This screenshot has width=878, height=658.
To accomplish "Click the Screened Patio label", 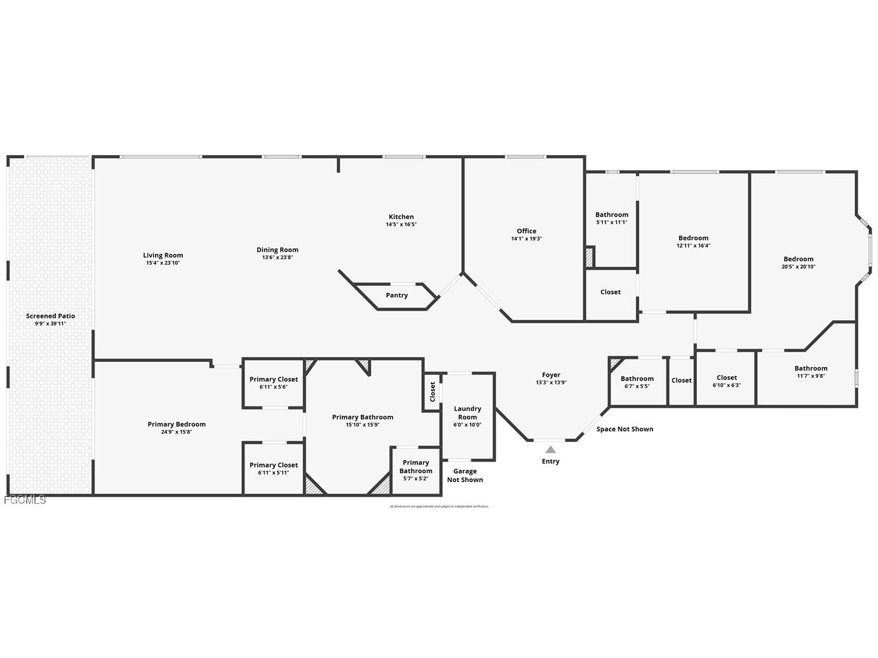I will [50, 316].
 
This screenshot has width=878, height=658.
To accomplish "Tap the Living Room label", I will [163, 255].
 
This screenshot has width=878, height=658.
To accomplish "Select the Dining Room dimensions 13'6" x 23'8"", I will [277, 257].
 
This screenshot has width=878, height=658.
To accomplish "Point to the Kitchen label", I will [401, 217].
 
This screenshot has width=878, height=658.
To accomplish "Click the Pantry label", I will [396, 295].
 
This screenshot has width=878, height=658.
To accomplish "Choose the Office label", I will [526, 231].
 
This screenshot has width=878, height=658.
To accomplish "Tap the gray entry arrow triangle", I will [550, 450].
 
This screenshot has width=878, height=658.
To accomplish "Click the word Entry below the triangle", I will [550, 461].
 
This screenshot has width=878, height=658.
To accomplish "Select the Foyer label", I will [551, 375].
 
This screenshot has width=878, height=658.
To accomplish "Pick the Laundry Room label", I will [467, 413].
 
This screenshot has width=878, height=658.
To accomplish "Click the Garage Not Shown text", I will [464, 475].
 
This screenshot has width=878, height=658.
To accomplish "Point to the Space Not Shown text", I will [625, 429].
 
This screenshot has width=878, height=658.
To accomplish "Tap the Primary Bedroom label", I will [177, 424].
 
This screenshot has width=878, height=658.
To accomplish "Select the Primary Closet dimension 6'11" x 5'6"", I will [273, 387].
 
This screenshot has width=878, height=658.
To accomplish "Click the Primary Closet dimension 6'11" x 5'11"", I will [273, 473].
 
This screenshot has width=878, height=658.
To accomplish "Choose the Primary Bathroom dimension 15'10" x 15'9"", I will [362, 425].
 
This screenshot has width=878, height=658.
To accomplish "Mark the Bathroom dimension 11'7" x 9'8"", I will [811, 376].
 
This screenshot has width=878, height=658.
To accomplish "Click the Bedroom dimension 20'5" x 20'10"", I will [798, 267].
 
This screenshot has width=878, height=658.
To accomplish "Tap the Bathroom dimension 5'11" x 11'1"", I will [611, 222].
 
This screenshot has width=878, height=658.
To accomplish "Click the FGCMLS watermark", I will [25, 500].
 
